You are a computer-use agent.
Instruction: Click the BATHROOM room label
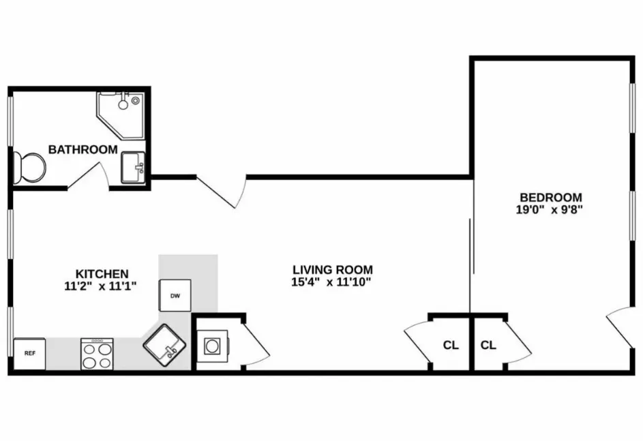(83, 149)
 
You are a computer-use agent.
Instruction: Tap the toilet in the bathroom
(28, 166)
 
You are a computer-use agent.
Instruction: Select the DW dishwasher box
(175, 296)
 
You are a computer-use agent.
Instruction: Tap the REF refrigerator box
(30, 353)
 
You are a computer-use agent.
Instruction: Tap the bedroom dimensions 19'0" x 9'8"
(550, 210)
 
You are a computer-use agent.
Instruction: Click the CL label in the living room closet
(451, 345)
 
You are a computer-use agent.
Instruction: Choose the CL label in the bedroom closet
(488, 345)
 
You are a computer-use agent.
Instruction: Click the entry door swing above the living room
(222, 192)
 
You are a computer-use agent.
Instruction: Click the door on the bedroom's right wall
(621, 326)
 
